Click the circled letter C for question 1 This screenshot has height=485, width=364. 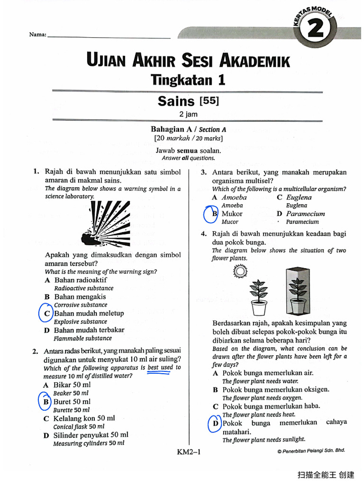pos(47,314)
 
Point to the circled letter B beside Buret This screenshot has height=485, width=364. pos(46,402)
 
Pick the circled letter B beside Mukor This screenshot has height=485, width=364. pos(214,214)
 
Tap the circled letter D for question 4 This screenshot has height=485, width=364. pos(216,423)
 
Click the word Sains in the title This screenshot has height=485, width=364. pos(176,101)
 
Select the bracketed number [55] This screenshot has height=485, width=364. pos(209,100)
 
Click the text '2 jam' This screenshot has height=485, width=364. pos(188,114)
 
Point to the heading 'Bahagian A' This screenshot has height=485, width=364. pos(169,129)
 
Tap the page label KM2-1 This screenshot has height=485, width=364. pos(189,452)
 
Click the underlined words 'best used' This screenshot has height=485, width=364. pos(160,368)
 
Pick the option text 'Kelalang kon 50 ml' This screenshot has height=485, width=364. pos(84,419)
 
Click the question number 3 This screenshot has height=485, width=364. pos(203,172)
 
